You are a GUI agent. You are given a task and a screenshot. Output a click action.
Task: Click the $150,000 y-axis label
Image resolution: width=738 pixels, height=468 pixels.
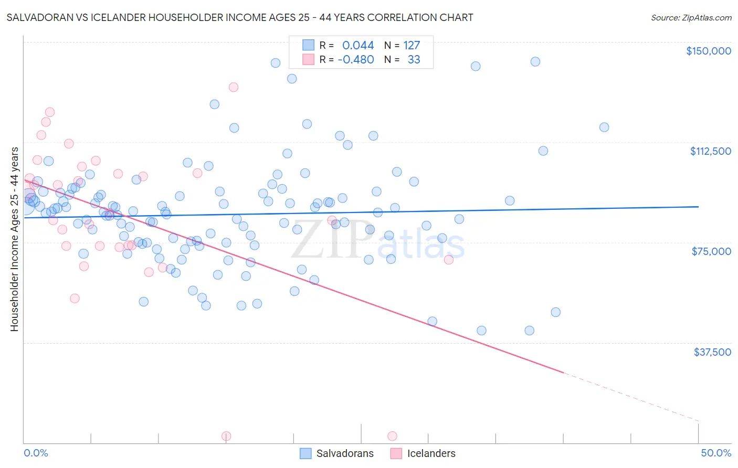[x=708, y=51]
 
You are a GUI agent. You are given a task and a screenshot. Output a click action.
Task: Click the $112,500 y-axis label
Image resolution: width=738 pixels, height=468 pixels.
[x=710, y=151]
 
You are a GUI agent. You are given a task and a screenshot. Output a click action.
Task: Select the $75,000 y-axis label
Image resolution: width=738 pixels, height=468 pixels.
[x=711, y=251]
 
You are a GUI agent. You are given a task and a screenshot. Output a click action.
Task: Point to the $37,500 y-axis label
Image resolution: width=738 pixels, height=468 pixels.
[x=712, y=352]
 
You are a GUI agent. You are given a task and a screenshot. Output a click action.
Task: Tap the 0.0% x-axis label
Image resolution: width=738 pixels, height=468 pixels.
[x=36, y=453]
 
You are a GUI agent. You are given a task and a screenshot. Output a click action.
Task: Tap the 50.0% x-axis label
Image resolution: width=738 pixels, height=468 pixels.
[x=716, y=453]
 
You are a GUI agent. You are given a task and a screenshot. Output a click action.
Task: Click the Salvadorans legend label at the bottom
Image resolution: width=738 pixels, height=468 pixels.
[x=345, y=453]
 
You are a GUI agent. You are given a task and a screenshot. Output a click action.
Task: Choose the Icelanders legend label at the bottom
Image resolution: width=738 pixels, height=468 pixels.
[x=431, y=453]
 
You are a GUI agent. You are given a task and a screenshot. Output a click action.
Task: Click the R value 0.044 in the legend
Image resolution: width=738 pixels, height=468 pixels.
[x=358, y=46]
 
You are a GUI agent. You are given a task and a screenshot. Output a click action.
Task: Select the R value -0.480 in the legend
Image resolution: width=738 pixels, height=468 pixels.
[x=355, y=60]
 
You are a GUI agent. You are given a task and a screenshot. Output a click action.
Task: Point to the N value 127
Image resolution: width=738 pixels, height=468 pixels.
[x=412, y=46]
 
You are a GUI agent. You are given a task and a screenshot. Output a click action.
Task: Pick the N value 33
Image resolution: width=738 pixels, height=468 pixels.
[x=414, y=60]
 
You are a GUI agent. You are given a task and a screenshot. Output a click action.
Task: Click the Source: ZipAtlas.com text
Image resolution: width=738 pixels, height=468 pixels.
[x=691, y=18]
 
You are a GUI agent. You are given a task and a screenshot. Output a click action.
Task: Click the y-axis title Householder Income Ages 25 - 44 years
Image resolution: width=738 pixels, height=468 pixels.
[x=15, y=239]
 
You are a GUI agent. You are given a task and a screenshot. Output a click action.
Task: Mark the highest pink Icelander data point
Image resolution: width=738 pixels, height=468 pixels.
[x=234, y=87]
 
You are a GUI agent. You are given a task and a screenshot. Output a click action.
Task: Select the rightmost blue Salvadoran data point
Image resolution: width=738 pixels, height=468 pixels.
[x=604, y=127]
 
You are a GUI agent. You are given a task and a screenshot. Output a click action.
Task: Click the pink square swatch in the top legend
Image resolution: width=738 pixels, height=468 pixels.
[x=308, y=59]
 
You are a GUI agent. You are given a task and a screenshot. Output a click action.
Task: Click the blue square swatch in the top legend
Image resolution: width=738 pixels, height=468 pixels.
[x=308, y=45]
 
